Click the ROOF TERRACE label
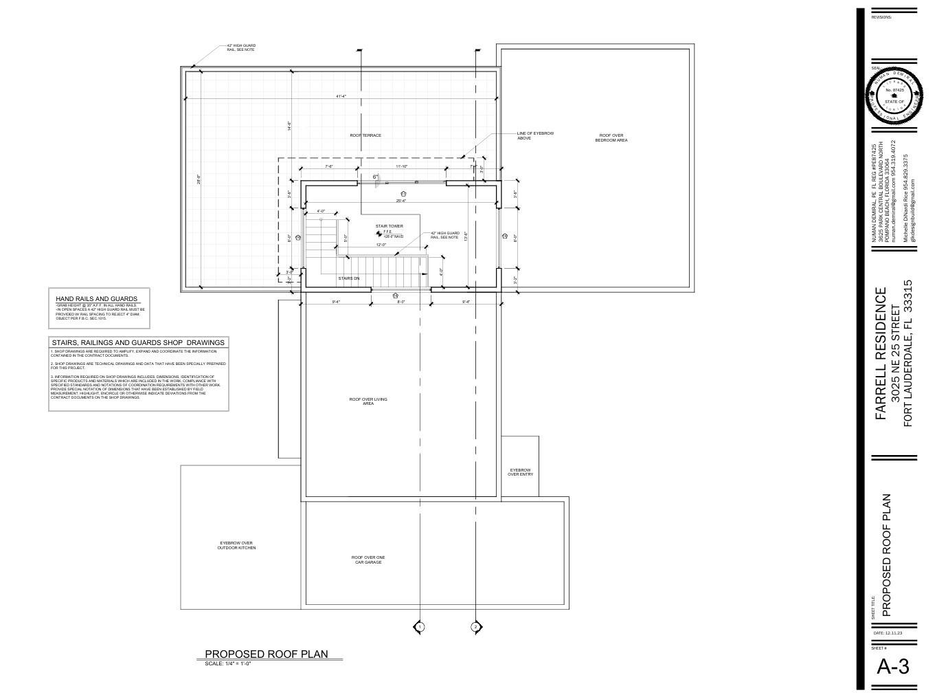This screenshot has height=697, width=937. click(x=365, y=135)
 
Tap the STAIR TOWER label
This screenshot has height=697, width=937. click(x=389, y=226)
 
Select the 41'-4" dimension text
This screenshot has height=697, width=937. click(x=341, y=97)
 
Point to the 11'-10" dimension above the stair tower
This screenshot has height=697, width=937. click(x=401, y=166)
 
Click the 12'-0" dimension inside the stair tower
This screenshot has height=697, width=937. click(x=381, y=245)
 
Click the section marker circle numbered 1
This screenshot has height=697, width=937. click(x=420, y=627)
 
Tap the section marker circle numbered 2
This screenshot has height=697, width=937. click(x=475, y=627)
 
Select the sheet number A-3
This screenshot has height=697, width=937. click(x=893, y=666)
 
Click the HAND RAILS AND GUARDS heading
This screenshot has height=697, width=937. click(x=96, y=299)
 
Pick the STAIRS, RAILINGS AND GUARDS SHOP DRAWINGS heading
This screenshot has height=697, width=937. click(x=137, y=342)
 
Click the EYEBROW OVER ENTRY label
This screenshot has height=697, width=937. click(x=520, y=472)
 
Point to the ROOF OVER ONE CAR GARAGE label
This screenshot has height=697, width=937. click(x=368, y=560)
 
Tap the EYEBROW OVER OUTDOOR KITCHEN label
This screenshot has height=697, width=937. click(x=236, y=545)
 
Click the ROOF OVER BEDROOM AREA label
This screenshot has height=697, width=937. click(x=611, y=138)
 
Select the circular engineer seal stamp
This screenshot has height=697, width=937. click(x=894, y=96)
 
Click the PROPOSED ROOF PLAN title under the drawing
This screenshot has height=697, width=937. click(x=267, y=654)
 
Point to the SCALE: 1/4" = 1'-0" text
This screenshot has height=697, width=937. click(x=228, y=663)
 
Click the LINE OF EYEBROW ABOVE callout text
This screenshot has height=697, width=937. click(x=535, y=135)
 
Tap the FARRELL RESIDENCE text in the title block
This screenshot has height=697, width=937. click(x=881, y=353)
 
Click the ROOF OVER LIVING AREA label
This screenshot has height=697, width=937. click(x=368, y=401)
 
